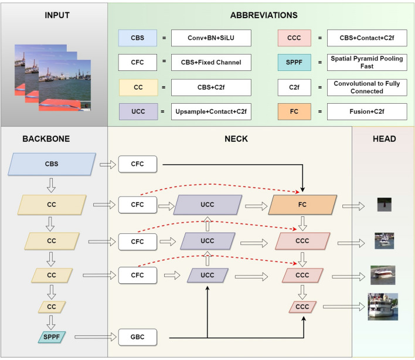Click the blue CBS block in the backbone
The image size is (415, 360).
51,164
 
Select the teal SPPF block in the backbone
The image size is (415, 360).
51,337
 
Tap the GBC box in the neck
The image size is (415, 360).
138,338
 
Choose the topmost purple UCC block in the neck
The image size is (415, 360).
207,204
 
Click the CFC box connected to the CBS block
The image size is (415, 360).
138,164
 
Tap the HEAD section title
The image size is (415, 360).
384,139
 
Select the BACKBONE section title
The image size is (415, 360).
46,139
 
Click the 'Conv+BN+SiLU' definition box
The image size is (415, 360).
211,38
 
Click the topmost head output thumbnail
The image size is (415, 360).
384,205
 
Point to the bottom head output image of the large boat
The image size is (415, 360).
383,307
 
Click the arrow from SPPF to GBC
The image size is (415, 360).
96,338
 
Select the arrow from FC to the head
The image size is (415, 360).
354,205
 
